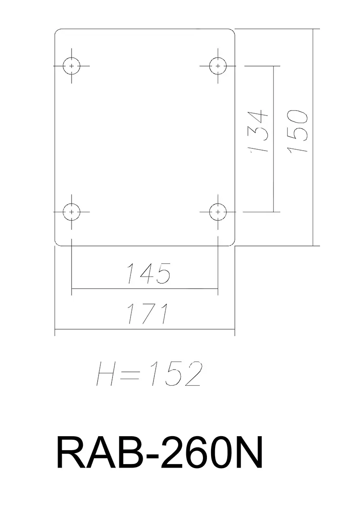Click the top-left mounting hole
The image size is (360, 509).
(x=72, y=66)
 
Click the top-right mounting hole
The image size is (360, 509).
(x=218, y=66)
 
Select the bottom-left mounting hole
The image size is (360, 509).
(x=72, y=211)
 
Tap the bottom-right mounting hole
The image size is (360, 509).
(x=218, y=211)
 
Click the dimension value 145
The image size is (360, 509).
(x=148, y=273)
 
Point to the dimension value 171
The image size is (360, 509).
(x=147, y=314)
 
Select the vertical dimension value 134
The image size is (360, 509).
(x=259, y=131)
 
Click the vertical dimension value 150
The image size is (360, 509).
(x=298, y=131)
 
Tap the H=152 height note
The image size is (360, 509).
(x=148, y=375)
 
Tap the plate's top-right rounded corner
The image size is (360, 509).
(x=233, y=31)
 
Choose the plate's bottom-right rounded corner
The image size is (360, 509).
(x=233, y=244)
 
